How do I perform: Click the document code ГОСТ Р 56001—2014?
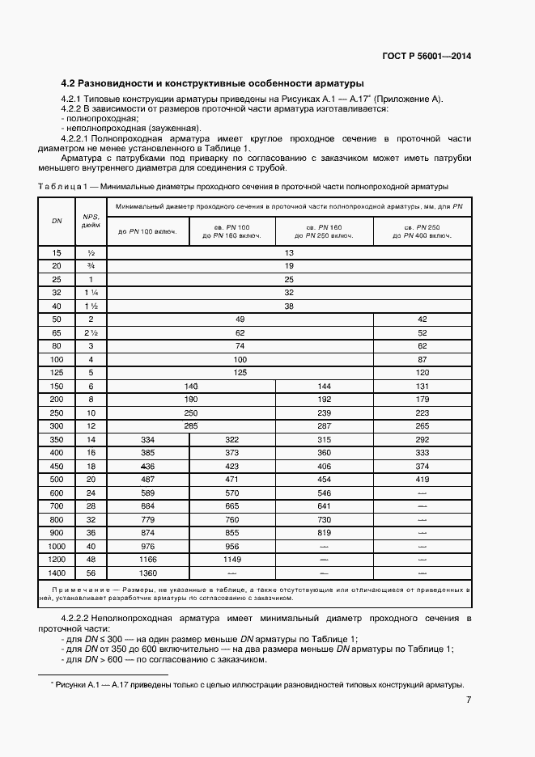(x=427, y=57)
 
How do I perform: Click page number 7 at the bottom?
(x=469, y=700)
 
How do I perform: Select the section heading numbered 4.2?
(x=213, y=82)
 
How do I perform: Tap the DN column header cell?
(x=56, y=221)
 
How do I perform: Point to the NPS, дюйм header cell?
(x=89, y=221)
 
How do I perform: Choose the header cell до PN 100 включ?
(x=148, y=233)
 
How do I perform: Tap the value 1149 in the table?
(x=232, y=559)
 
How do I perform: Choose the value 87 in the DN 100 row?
(x=420, y=358)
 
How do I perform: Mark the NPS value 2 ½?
(x=89, y=332)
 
